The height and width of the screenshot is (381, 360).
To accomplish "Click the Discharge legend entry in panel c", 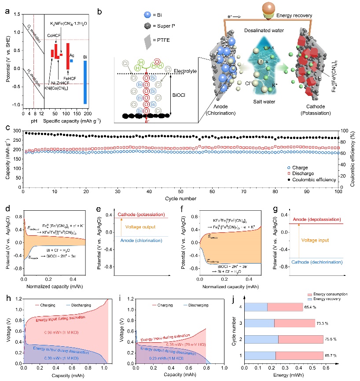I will point(311,173).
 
